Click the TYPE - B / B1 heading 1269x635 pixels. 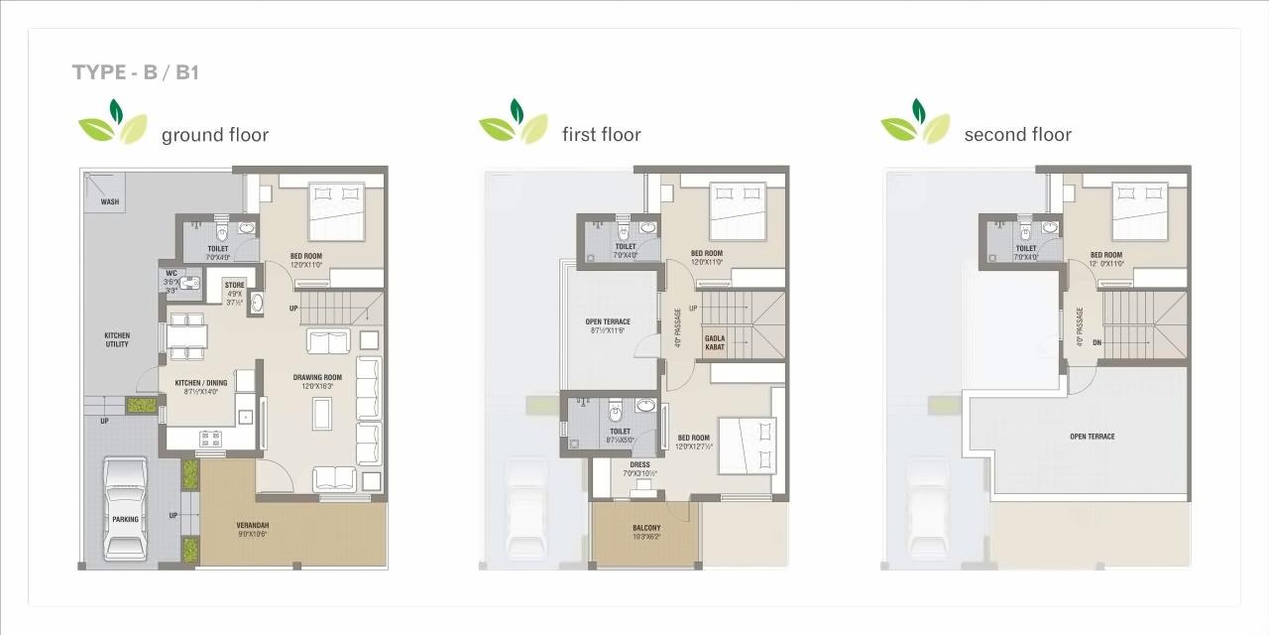[x=136, y=72]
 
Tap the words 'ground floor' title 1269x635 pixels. [x=214, y=135]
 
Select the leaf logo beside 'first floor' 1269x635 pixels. [x=513, y=123]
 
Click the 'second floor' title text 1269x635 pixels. [x=1017, y=135]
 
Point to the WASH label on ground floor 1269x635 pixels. [x=109, y=201]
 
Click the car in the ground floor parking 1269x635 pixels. [x=126, y=509]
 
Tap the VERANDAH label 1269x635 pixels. [x=252, y=525]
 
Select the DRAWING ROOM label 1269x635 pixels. [x=317, y=377]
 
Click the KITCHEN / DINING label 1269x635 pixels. [x=200, y=383]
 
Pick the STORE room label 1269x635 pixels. [x=234, y=286]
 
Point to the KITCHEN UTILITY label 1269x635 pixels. [x=117, y=340]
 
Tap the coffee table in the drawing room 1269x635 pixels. [x=322, y=413]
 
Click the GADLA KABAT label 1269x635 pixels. [x=715, y=342]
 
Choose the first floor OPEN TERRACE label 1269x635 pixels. [x=608, y=321]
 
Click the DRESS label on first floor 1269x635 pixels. [x=639, y=464]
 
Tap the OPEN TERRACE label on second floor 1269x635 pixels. [x=1092, y=437]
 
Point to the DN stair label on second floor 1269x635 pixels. [x=1096, y=343]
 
